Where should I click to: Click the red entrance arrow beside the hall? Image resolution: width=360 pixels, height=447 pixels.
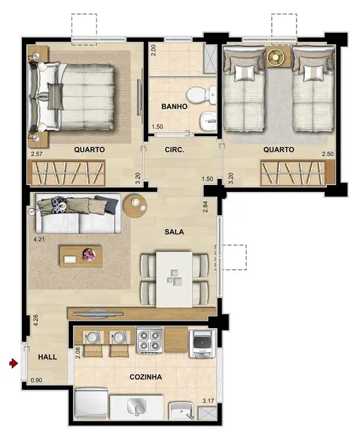coord(12,362)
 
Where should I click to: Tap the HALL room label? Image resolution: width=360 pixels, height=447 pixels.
coord(47,357)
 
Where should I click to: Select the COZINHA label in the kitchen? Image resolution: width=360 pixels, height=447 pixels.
coord(145,377)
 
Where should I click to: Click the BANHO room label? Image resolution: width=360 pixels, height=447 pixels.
coord(174,107)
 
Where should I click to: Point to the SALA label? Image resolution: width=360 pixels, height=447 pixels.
coord(174,232)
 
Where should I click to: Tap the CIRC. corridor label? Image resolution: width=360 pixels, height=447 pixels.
coord(174,149)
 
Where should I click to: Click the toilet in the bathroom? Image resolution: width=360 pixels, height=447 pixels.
coord(202,94)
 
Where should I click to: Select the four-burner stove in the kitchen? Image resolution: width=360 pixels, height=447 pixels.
coord(149,340)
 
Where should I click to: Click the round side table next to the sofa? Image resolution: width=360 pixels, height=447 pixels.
coord(135,204)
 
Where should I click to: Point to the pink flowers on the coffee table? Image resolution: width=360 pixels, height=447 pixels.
coord(89,254)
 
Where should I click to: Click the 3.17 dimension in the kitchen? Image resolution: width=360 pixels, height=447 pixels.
coord(207,400)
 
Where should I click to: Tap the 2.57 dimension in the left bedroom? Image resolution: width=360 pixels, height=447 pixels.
coord(36,153)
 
